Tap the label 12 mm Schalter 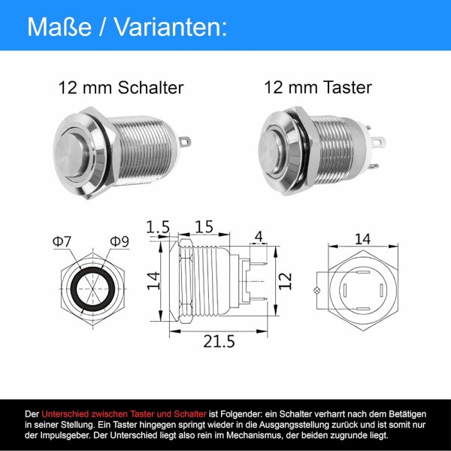pos(121,88)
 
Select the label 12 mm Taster pos(318,88)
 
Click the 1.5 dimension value pos(157,226)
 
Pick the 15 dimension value pos(203,226)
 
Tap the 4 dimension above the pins pos(259,238)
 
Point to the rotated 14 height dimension pos(153,280)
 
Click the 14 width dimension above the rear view pos(362,240)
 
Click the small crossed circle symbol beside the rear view pos(317,290)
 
